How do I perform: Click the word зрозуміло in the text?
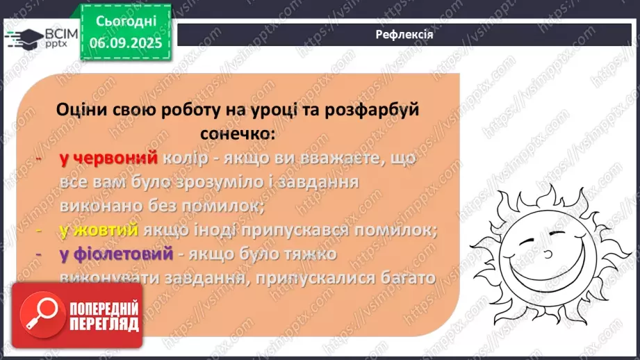click(x=218, y=183)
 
